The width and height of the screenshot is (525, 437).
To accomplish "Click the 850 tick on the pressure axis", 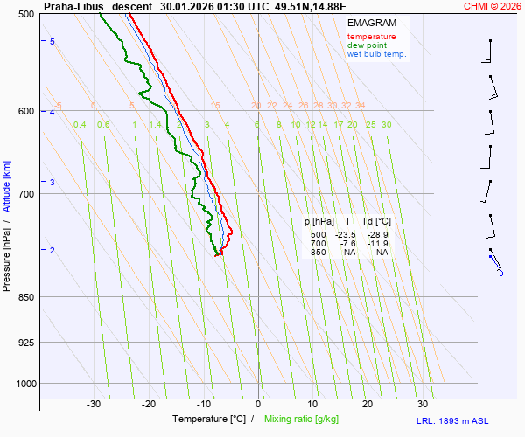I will tap(26, 297).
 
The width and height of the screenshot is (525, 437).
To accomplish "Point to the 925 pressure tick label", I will tap(26, 342).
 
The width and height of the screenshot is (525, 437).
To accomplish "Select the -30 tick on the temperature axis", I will tap(94, 404).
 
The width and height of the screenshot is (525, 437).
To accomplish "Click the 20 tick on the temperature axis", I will tap(367, 404).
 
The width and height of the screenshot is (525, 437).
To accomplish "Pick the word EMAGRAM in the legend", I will tap(370, 23).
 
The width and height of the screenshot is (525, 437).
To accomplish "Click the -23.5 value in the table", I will tap(345, 235).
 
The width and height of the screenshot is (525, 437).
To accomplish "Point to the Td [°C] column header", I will tap(378, 222).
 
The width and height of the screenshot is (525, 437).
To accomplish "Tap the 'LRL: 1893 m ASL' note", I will tap(471, 421).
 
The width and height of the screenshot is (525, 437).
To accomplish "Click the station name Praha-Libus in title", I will tap(73, 6).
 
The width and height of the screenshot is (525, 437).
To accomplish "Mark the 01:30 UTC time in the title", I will tap(230, 6).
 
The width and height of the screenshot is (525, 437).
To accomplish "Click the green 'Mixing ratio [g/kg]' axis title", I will tap(310, 420).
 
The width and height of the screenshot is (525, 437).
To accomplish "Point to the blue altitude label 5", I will tap(52, 42).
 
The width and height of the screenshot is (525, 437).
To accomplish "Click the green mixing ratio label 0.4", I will tap(80, 125).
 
